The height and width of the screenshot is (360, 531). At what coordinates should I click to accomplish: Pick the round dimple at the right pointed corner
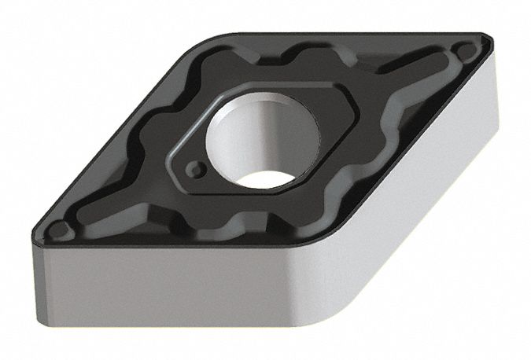pos(468,53)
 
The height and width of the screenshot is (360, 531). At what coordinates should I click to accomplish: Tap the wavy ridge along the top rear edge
pos(315,55)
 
